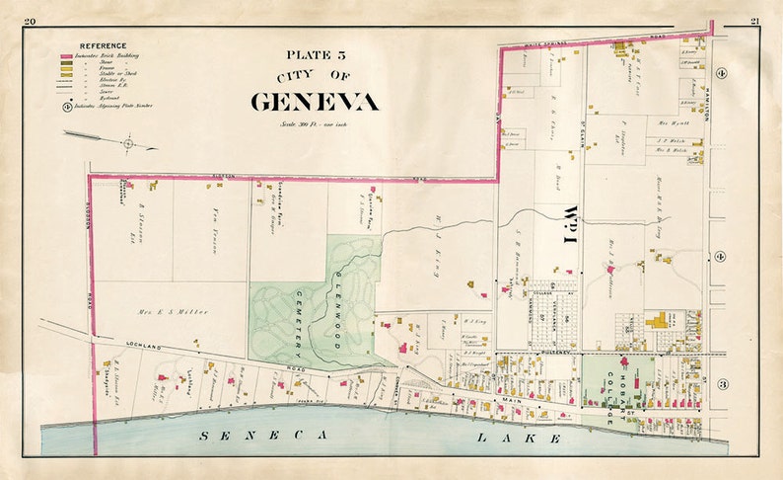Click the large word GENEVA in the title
[313, 102]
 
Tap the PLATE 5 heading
[313, 56]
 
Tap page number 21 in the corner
[754, 21]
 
